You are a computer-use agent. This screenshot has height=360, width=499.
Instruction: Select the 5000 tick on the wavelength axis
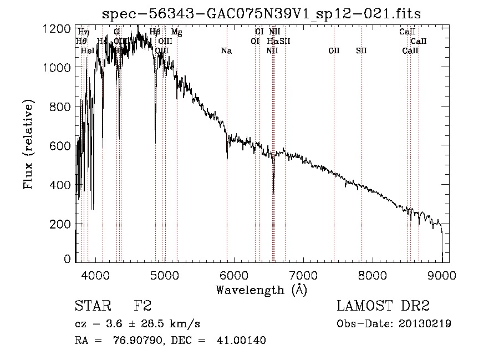click(x=164, y=275)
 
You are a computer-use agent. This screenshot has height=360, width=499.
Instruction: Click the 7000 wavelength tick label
click(x=303, y=275)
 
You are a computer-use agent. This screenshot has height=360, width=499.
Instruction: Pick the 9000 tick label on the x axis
click(x=442, y=275)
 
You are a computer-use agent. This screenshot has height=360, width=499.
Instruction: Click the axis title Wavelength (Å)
click(x=261, y=290)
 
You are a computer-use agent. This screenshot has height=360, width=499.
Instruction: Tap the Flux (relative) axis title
click(x=28, y=145)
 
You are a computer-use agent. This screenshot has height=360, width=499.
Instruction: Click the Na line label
click(x=226, y=51)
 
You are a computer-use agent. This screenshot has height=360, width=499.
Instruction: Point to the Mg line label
click(x=176, y=32)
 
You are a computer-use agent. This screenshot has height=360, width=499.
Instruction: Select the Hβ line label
click(x=155, y=32)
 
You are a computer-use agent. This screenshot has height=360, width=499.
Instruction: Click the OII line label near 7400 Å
click(x=334, y=51)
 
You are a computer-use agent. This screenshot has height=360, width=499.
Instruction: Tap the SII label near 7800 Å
click(x=361, y=51)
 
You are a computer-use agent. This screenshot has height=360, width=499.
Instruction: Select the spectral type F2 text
click(x=142, y=306)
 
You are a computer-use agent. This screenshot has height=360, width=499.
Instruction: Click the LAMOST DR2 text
click(x=383, y=306)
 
